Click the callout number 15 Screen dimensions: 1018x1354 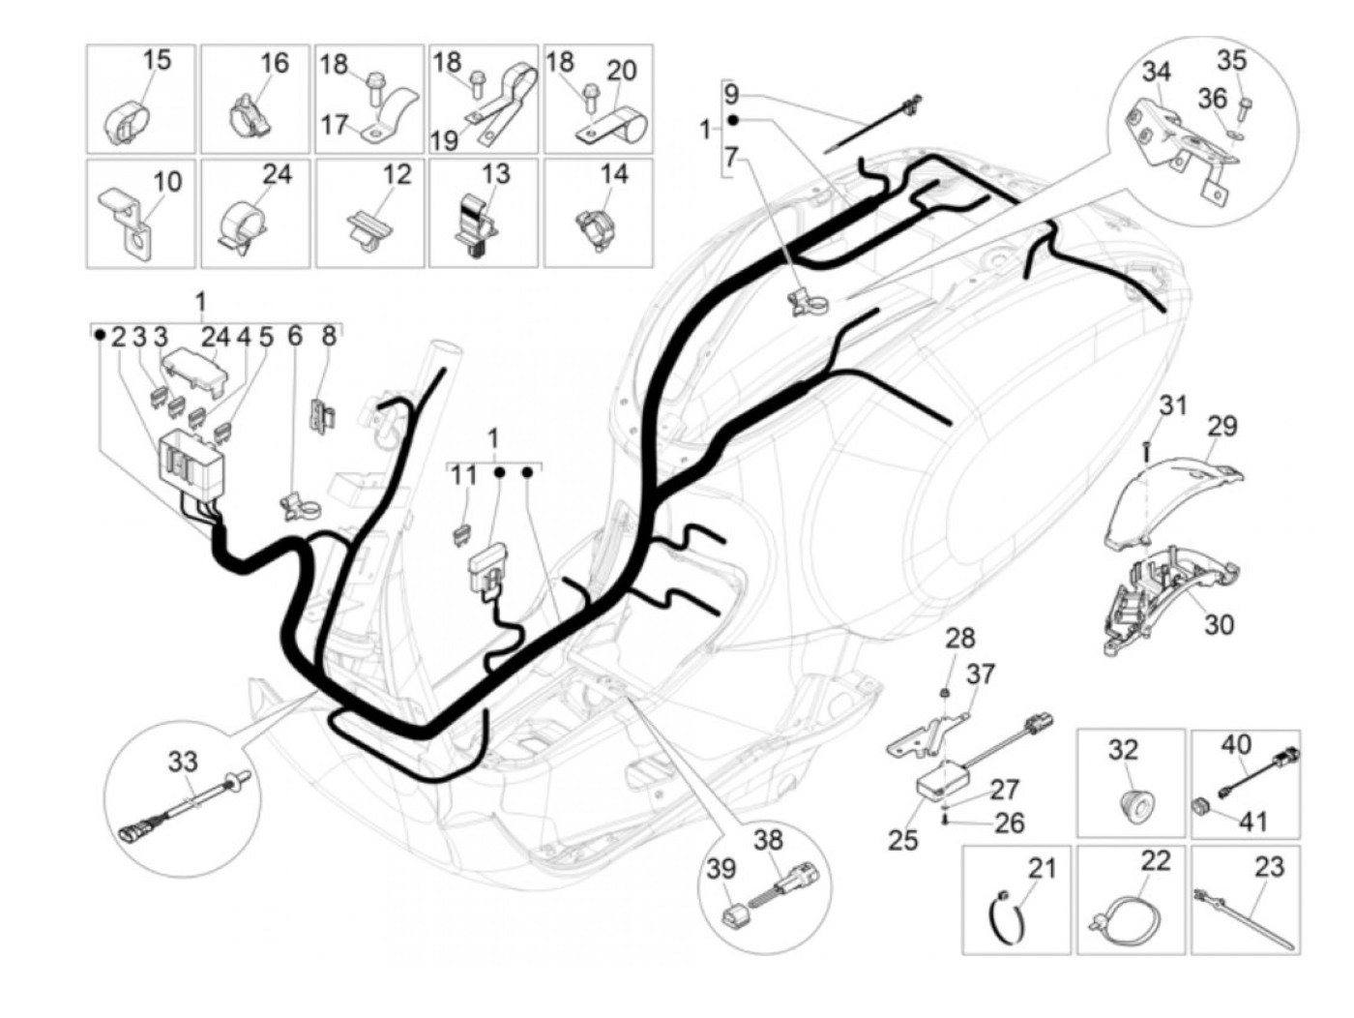coord(157,59)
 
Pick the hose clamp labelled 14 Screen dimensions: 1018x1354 coord(594,228)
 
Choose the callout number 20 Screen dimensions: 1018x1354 coord(622,71)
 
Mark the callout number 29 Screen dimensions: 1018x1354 coord(1222,426)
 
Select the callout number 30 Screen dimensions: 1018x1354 coord(1219,624)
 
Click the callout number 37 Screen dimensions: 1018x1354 coord(980,674)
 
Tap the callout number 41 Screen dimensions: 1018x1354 coord(1253,822)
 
